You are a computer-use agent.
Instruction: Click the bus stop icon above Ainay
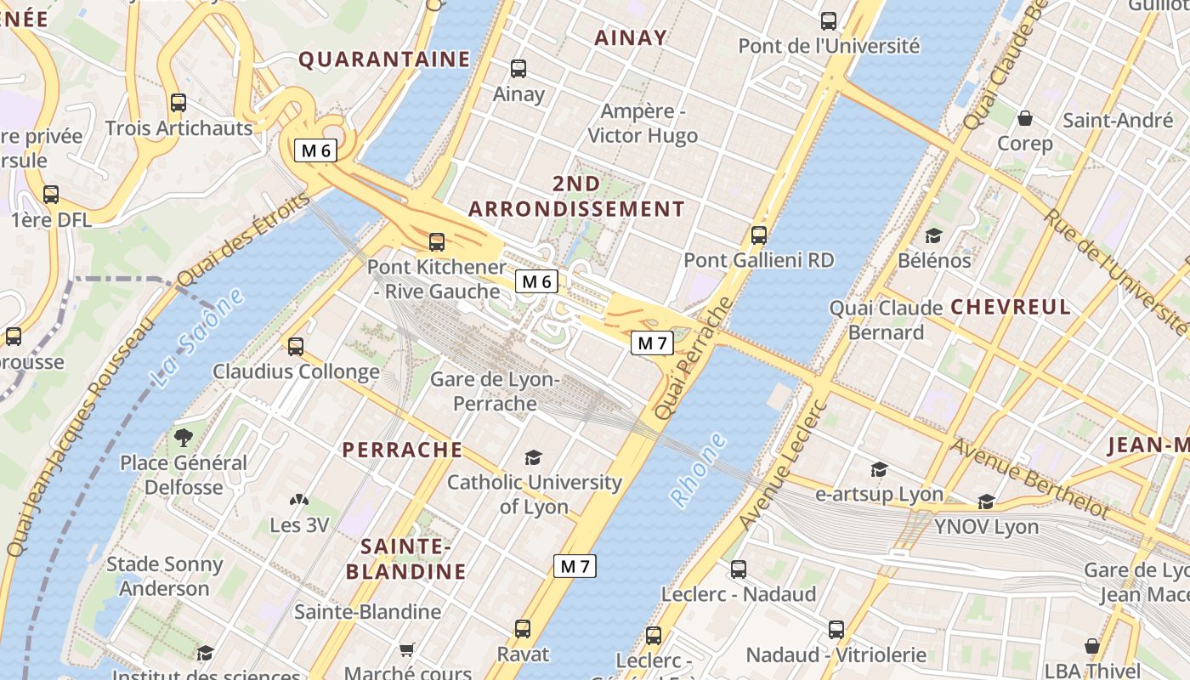tap(518, 69)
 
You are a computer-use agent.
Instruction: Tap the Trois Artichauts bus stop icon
tap(178, 103)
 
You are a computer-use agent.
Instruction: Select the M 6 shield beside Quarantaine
tap(315, 150)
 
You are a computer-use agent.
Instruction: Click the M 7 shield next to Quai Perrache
tap(652, 343)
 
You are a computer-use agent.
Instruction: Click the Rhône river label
tap(700, 471)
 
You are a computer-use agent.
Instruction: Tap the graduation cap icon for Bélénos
tap(933, 235)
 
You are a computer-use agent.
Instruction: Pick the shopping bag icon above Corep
tap(1025, 118)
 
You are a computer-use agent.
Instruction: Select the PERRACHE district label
tap(402, 450)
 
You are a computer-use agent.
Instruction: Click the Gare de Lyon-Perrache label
tap(495, 391)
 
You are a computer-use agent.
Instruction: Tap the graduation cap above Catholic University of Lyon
tap(533, 457)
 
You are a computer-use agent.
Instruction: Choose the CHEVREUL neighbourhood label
tap(1011, 307)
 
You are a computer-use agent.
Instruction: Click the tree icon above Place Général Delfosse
tap(183, 438)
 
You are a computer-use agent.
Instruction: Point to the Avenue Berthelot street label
tap(1029, 479)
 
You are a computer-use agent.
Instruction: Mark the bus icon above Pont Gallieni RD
tap(759, 235)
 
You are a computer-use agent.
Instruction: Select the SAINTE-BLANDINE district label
tap(405, 558)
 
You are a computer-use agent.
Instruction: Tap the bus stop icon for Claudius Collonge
tap(296, 347)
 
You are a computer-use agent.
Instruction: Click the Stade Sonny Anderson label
tap(164, 576)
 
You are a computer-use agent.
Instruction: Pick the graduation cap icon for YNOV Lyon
tap(986, 502)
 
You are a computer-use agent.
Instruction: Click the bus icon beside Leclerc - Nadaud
tap(739, 569)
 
